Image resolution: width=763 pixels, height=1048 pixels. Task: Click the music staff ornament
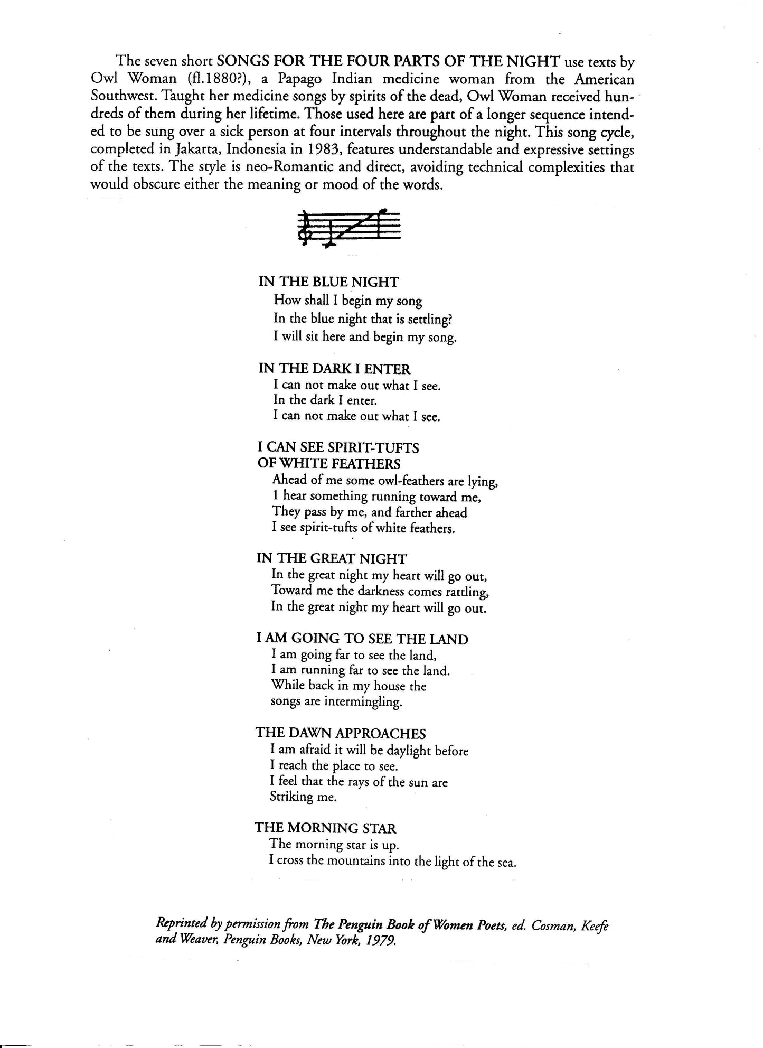coord(349,228)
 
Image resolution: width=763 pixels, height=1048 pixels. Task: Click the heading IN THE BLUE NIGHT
coord(328,282)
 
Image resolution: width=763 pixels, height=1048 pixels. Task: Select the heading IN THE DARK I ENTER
coord(334,369)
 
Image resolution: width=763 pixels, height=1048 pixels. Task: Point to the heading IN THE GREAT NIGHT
coord(332,558)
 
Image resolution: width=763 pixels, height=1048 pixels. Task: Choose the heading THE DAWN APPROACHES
coord(341,733)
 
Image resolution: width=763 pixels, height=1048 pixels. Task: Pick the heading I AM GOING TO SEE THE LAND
coord(362,639)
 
